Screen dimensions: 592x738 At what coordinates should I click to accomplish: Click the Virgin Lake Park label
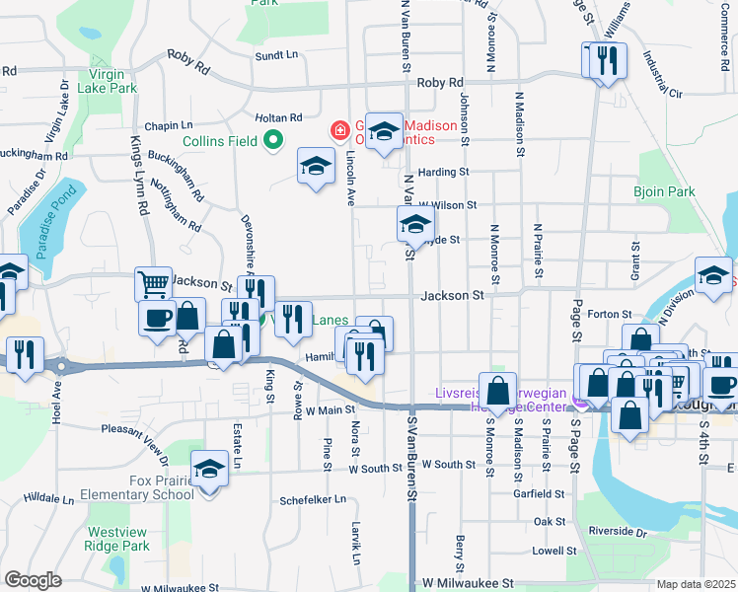tap(112, 80)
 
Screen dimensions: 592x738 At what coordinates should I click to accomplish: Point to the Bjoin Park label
tap(665, 191)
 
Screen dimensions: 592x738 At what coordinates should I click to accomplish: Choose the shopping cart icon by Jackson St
tap(153, 285)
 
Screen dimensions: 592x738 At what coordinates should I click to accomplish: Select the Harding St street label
tap(442, 172)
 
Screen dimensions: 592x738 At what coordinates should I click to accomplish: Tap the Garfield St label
tap(544, 493)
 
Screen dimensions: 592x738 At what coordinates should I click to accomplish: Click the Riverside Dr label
tap(617, 531)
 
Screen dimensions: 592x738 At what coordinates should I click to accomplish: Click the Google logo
tap(33, 580)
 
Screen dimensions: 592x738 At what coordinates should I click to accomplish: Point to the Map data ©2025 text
tap(696, 585)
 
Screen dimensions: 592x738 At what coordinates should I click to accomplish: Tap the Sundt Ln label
tap(276, 56)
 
